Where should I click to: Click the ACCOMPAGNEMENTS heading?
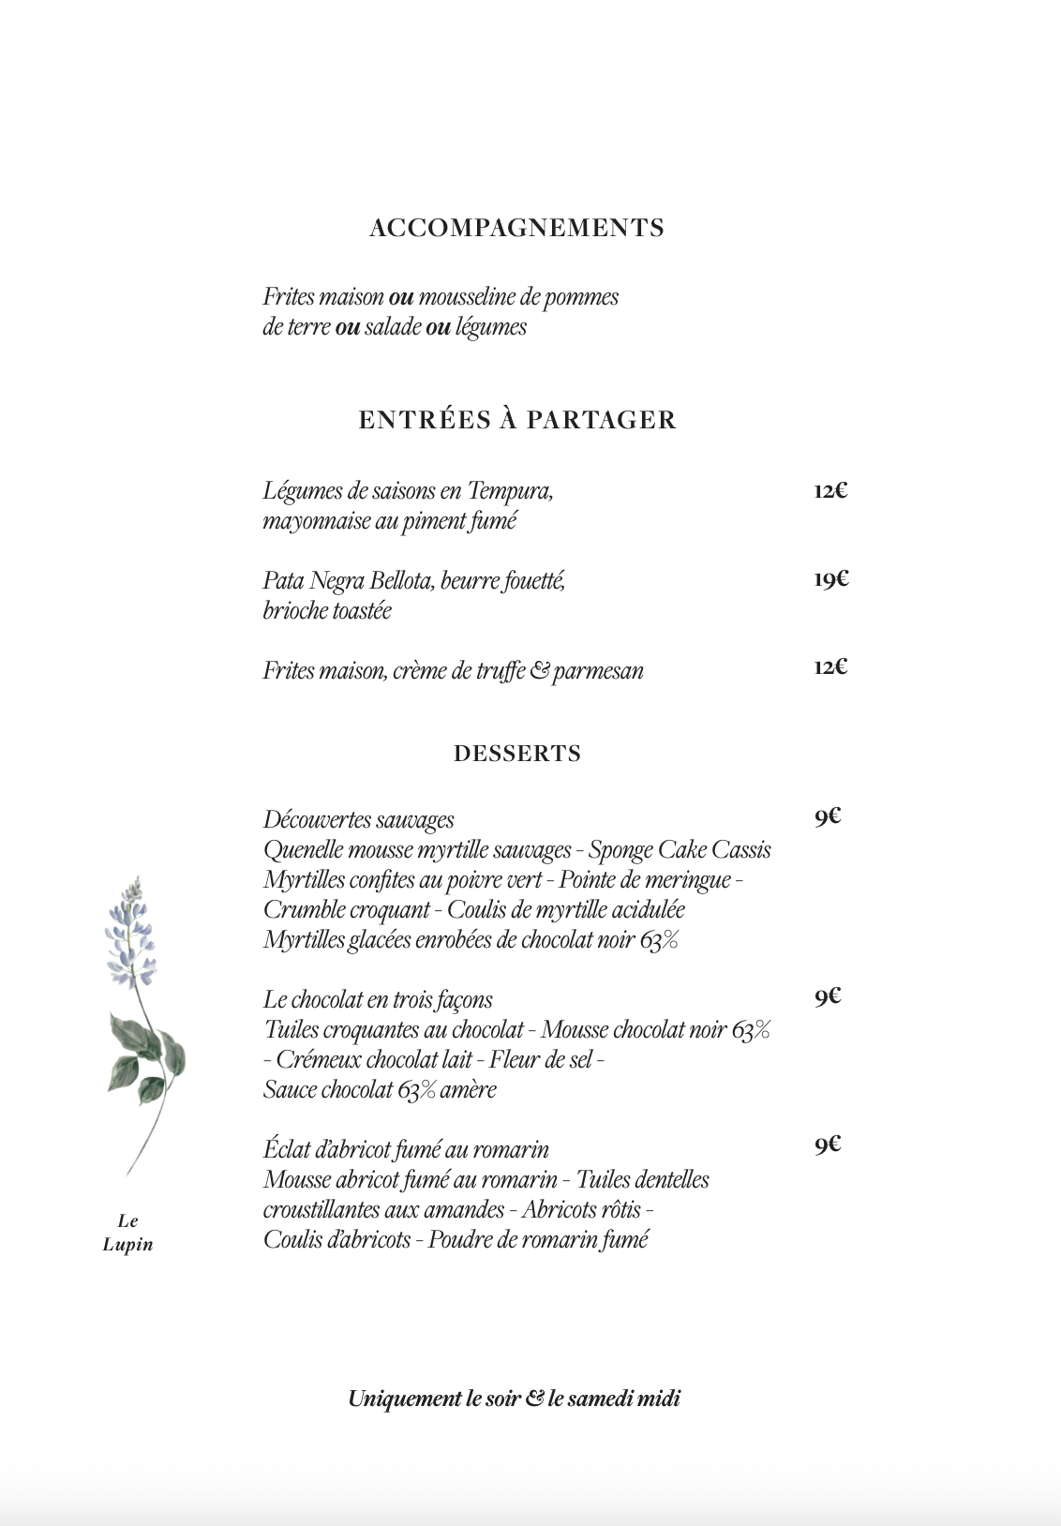coord(516,228)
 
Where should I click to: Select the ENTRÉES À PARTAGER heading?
coord(516,419)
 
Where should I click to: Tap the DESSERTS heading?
coord(517,754)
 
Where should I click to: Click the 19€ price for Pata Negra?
coord(830,579)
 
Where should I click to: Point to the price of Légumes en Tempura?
coord(830,490)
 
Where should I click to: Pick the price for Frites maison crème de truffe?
coord(830,667)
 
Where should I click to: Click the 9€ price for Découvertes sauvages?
coord(827,817)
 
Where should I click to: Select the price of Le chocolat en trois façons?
coord(827,996)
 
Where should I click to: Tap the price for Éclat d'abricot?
coord(827,1145)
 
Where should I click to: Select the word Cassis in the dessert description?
coord(741,850)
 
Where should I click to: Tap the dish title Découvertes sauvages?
coord(358,820)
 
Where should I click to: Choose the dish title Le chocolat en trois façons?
coord(378,999)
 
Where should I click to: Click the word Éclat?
coord(285,1149)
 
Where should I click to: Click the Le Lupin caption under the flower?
coord(127,1233)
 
